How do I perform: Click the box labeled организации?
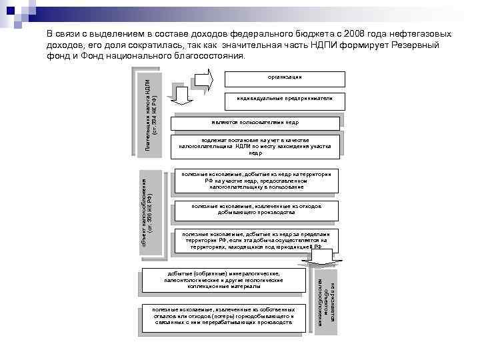coord(285,78)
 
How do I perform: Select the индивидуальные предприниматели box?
coord(285,99)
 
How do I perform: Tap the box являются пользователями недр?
coord(256,123)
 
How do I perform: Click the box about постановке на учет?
coord(256,145)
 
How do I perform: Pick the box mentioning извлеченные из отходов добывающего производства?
coord(256,210)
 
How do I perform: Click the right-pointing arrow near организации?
coord(203,77)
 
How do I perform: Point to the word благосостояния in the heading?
coord(213,56)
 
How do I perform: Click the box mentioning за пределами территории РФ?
coord(256,240)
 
